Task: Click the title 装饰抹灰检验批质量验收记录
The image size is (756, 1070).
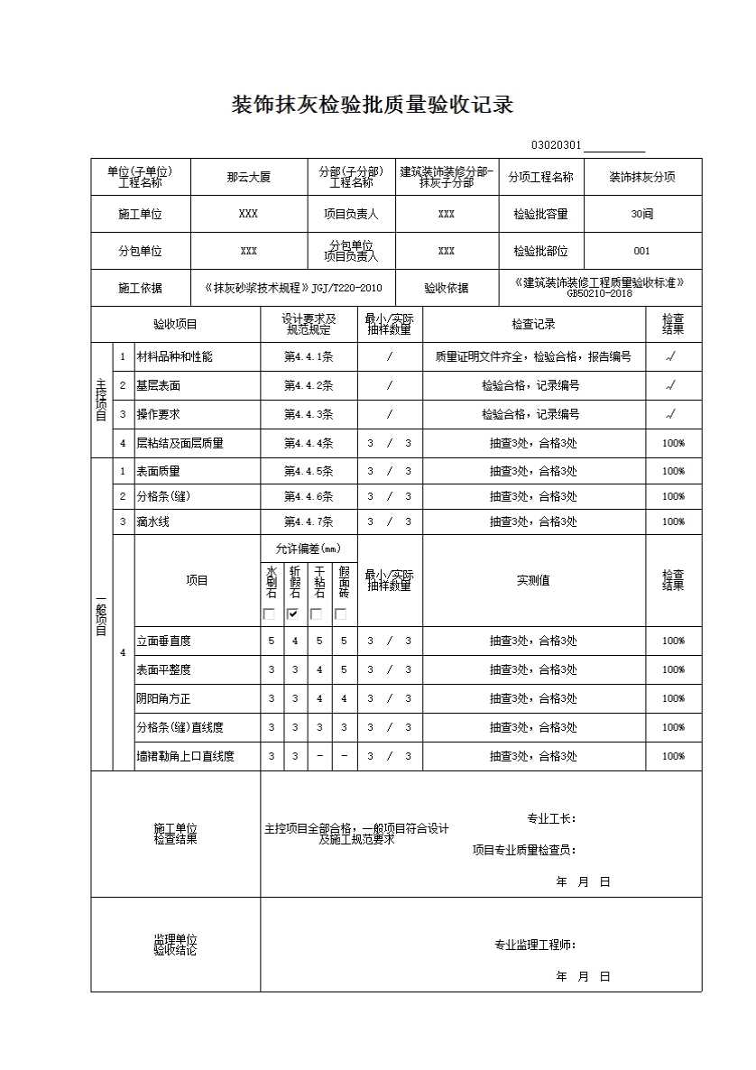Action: coord(373,106)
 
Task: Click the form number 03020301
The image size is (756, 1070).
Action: coord(556,146)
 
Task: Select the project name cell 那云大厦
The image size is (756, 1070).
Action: coord(248,178)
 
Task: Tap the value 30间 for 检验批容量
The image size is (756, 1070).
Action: coord(642,214)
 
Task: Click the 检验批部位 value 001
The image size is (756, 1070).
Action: coord(641,251)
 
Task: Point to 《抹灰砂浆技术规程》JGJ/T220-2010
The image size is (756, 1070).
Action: coord(294,289)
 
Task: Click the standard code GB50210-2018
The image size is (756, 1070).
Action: coord(599,293)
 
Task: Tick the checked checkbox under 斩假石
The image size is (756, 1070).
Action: coord(293,614)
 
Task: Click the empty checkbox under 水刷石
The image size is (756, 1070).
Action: coord(269,614)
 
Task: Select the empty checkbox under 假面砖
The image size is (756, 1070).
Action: coord(341,614)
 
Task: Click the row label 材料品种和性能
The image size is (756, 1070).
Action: coord(174,357)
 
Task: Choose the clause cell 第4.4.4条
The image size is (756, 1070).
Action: coord(309,444)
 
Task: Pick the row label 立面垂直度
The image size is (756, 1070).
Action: coord(163,641)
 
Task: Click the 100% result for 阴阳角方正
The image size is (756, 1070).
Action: coord(673,699)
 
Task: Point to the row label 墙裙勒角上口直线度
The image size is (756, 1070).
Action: coord(185,757)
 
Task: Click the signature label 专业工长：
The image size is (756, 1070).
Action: coord(551,819)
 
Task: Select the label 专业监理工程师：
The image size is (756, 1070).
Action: coord(534,945)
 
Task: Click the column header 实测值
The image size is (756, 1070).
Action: coord(533,581)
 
